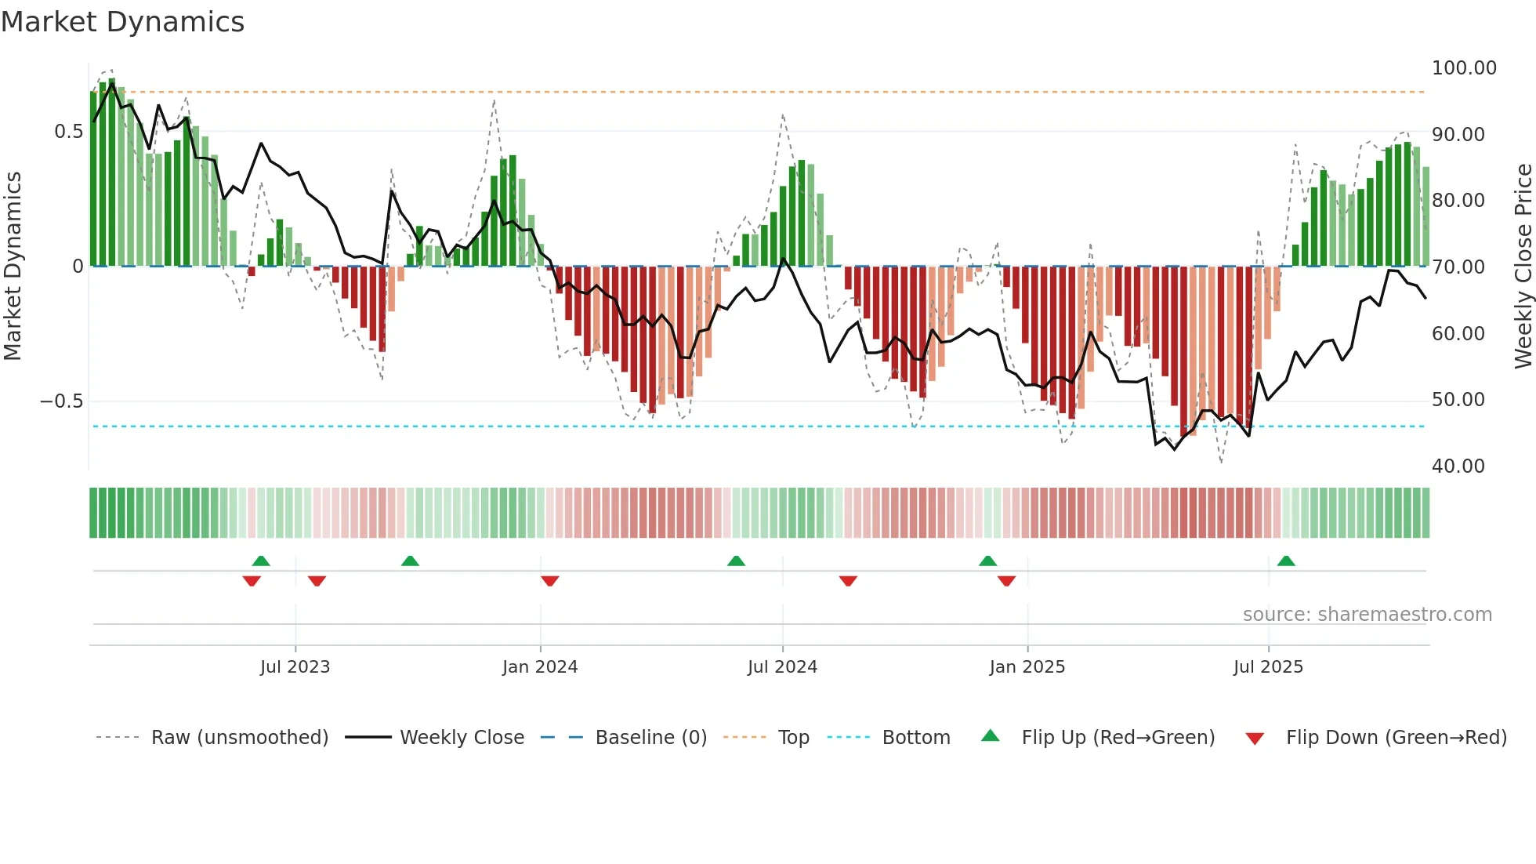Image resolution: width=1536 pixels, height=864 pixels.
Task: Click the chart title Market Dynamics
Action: pos(122,22)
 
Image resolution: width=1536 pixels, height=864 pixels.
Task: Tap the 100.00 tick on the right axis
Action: pos(1463,68)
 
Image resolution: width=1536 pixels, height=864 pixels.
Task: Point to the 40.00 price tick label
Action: pos(1458,466)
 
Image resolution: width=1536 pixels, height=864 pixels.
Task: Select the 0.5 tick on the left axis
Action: pos(69,132)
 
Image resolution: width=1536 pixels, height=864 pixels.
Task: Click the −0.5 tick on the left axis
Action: pos(62,401)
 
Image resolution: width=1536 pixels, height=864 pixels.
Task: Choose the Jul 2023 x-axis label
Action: pos(295,667)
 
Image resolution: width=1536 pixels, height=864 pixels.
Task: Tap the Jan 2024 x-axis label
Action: pos(540,667)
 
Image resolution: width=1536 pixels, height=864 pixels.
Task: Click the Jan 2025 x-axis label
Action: pos(1027,667)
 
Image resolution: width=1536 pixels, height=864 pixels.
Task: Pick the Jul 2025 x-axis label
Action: pos(1268,667)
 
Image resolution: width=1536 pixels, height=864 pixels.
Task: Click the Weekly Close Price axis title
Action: pos(1523,267)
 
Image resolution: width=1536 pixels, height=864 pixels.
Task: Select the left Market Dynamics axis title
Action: pos(13,267)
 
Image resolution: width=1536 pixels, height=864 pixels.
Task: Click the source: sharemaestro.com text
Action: pos(1367,615)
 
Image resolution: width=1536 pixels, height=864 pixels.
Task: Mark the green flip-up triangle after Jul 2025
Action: pos(1286,561)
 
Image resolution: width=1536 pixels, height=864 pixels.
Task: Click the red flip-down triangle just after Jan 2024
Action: pos(550,581)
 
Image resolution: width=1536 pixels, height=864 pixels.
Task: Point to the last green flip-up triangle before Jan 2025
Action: pos(987,561)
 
